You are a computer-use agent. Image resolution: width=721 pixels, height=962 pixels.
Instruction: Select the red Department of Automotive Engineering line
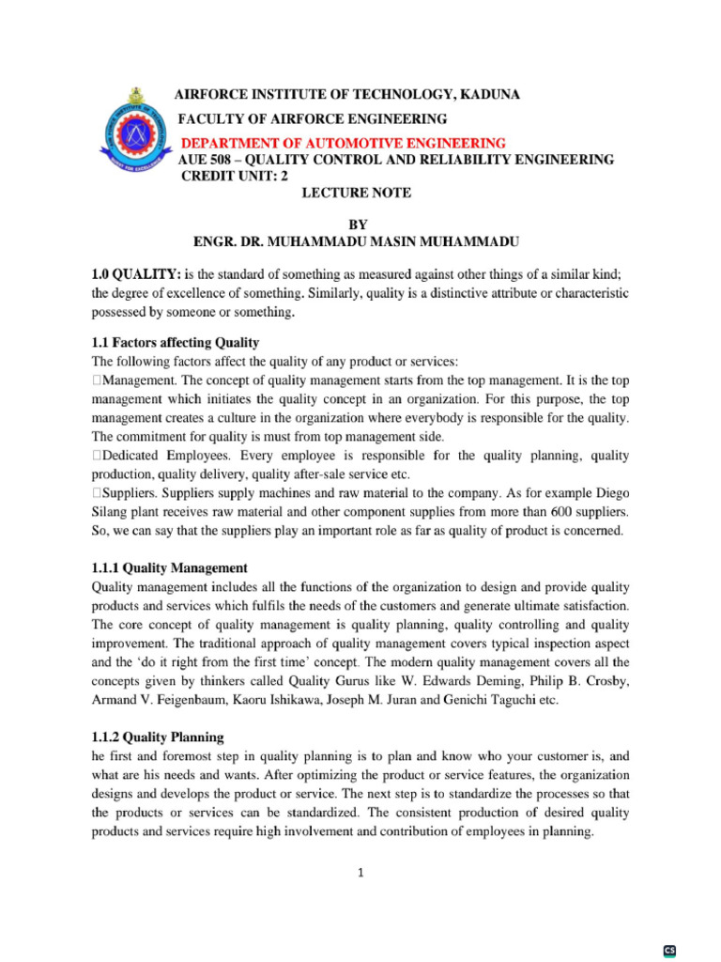click(x=343, y=143)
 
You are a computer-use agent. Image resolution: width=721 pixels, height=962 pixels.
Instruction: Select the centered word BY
click(x=359, y=225)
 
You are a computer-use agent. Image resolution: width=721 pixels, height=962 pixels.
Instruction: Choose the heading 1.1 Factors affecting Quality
click(x=176, y=342)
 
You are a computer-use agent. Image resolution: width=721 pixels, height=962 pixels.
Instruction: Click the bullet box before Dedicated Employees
click(x=96, y=456)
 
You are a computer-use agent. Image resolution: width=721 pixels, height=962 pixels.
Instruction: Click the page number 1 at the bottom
click(x=360, y=873)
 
